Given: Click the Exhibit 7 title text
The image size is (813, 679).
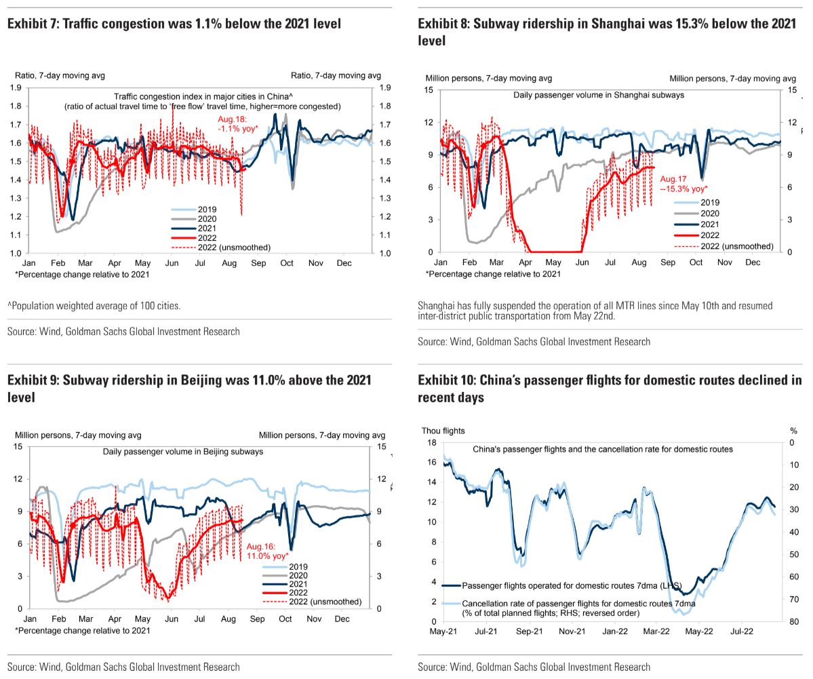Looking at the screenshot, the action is pos(174,23).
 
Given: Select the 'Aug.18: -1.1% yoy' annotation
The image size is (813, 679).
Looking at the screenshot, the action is pos(237,124).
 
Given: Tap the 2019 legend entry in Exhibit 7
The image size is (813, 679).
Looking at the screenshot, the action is pos(195,210).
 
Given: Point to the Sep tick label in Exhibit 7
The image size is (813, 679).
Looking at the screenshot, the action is pos(258,263).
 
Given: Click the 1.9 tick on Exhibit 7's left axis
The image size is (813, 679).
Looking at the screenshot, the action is pos(16,88).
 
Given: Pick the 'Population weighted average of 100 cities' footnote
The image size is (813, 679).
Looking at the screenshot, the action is pos(94,305).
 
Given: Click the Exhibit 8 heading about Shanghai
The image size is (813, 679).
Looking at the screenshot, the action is pos(607,32).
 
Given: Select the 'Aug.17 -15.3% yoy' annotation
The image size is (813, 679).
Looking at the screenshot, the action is pos(683,184).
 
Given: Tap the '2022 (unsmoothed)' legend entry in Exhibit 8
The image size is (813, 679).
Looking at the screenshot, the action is pos(723,246).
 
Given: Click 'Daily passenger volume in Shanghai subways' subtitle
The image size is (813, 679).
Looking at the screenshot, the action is pos(599,95).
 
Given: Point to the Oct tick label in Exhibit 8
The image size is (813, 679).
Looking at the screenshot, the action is pos(696,263).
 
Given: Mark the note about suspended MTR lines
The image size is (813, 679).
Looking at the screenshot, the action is pos(595,311).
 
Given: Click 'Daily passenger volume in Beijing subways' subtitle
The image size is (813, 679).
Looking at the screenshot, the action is pos(183,451).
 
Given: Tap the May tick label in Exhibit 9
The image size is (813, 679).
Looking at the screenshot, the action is pos(142,619).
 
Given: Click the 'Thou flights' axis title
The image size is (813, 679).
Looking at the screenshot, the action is pos(443,431).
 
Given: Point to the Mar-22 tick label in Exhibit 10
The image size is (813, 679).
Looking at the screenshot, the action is pos(656,632).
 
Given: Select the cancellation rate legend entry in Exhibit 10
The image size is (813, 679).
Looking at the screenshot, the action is pos(569,608).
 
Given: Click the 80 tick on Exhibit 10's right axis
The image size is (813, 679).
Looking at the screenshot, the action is pos(794,621).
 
